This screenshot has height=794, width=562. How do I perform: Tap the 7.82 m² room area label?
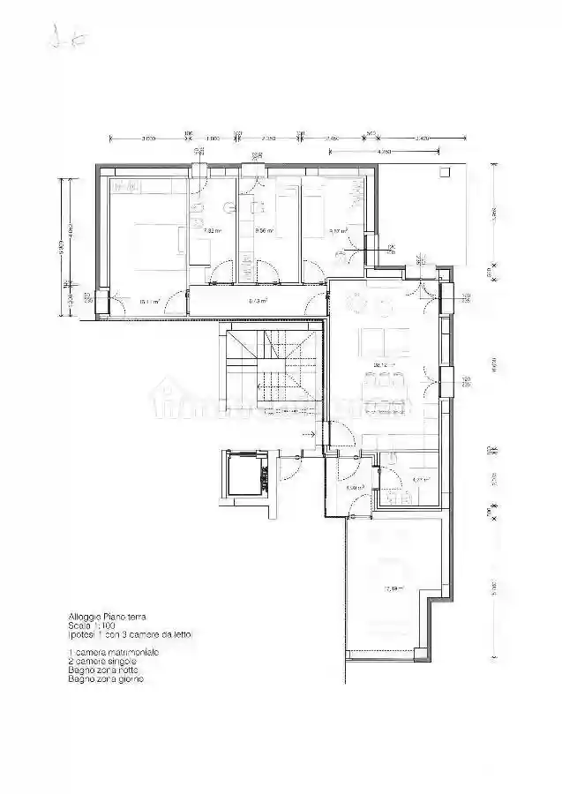coord(212,231)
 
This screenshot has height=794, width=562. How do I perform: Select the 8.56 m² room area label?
coord(264,231)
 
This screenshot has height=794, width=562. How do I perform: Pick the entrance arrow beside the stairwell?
coord(308,434)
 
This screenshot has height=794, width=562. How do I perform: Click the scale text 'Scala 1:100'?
coord(92,625)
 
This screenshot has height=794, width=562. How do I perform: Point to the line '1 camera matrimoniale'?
coord(114,652)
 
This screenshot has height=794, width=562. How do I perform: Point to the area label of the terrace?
coord(392,588)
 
